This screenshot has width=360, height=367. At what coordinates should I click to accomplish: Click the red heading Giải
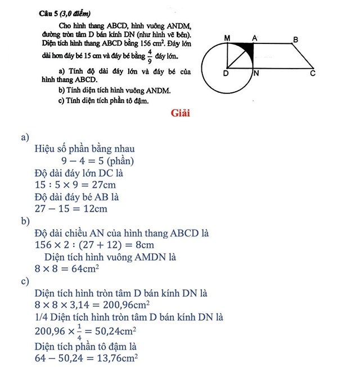[x=181, y=113]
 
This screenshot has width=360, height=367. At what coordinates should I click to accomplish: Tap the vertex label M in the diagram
[x=227, y=38]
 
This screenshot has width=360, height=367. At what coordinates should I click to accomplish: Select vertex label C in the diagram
[x=313, y=74]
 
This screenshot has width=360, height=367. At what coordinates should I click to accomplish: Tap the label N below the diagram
[x=256, y=73]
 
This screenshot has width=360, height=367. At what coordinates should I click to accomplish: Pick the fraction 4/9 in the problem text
[x=150, y=56]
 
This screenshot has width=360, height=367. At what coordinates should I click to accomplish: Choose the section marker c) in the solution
[x=25, y=281]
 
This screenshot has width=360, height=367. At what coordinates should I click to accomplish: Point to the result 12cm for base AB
[x=93, y=209]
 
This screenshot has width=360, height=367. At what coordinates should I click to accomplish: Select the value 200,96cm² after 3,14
[x=124, y=305]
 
